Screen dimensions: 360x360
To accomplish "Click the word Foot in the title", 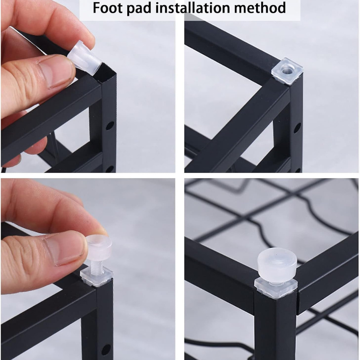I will pos(106,8).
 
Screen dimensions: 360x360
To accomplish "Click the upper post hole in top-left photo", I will pos(110,126).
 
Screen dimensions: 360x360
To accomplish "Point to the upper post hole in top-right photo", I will pos(297,128).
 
